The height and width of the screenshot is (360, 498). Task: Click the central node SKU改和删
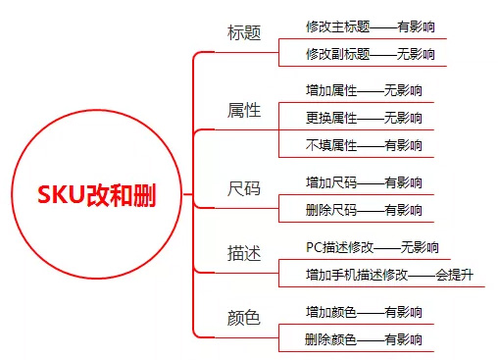tap(96, 193)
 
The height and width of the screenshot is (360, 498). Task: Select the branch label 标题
tap(244, 32)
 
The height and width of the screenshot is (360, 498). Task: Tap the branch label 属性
tap(244, 110)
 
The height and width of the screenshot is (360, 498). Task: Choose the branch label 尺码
tap(244, 187)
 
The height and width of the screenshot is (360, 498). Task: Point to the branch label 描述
tap(244, 252)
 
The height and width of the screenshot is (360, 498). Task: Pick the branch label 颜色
tap(244, 318)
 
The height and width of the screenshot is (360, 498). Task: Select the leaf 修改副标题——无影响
tap(370, 54)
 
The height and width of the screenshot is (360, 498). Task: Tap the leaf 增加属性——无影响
tap(364, 91)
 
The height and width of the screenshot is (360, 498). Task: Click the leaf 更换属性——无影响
tap(364, 118)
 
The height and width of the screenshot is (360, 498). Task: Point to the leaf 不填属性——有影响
tap(364, 145)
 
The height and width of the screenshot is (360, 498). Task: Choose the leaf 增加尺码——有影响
tap(364, 182)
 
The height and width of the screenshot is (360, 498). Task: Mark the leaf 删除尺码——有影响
tap(364, 209)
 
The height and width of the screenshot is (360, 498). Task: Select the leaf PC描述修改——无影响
tap(372, 247)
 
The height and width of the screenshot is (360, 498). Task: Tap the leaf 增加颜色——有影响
tap(364, 312)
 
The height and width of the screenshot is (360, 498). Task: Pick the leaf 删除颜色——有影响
tap(364, 339)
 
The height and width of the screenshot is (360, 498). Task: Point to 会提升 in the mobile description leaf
tap(454, 274)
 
